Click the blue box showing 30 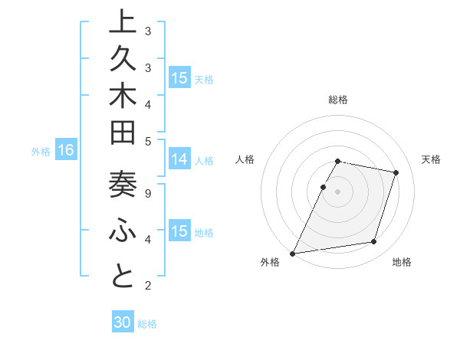tap(123, 322)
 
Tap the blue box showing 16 tap(66, 151)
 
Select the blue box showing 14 tap(179, 159)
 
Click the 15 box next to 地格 tap(179, 231)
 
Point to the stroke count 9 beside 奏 tap(148, 194)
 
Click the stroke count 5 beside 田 tap(148, 141)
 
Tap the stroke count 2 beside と tap(148, 286)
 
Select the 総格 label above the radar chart tap(338, 100)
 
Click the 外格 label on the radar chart tap(270, 262)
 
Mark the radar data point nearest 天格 tap(396, 172)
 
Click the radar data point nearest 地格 tap(374, 242)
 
